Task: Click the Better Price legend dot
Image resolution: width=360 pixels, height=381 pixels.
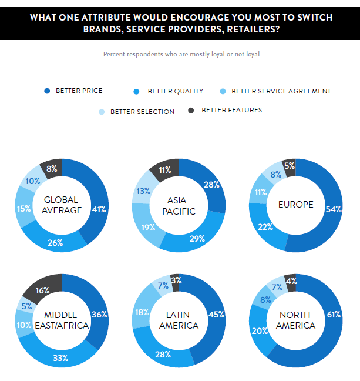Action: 48,91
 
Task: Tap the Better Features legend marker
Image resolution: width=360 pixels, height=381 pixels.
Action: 191,110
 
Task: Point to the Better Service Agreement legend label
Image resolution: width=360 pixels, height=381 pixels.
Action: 281,91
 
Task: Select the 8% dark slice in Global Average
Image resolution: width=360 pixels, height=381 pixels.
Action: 51,169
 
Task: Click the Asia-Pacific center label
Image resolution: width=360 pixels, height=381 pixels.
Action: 179,205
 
